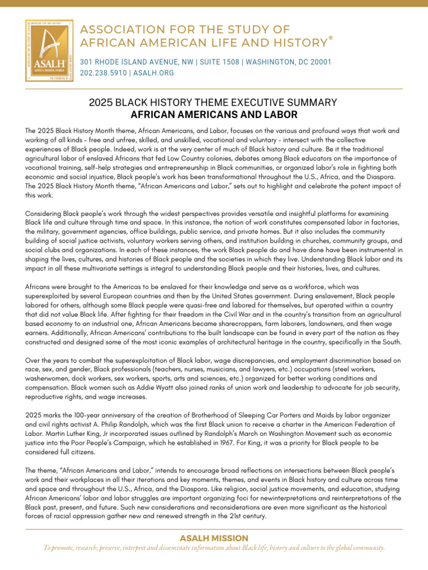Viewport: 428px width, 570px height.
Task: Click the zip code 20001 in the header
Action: [319, 61]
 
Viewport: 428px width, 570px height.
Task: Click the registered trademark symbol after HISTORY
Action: [331, 38]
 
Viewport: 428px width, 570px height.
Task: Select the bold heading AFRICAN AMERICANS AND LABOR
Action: [214, 115]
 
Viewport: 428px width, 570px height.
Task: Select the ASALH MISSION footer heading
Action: [214, 538]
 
